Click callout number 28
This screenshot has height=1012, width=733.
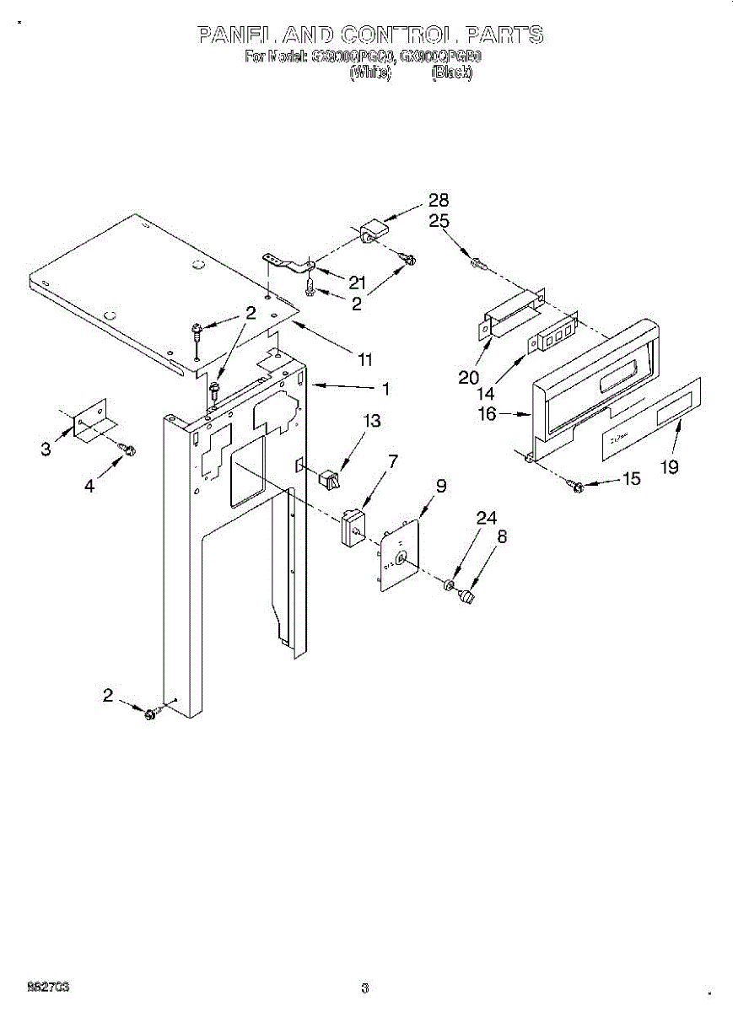[438, 201]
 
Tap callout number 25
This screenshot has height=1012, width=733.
[438, 221]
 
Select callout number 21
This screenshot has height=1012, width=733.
[358, 283]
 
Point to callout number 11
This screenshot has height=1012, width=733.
[364, 360]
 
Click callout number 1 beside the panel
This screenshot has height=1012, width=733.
[385, 389]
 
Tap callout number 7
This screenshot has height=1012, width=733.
[393, 461]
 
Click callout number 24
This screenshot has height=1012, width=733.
[486, 519]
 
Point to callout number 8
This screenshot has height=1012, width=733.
[501, 534]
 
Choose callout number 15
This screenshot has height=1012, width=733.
[630, 479]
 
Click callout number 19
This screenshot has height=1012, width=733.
[669, 467]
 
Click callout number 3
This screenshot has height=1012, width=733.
[46, 449]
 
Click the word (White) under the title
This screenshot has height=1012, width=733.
[369, 73]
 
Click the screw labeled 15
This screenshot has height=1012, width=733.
[578, 486]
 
